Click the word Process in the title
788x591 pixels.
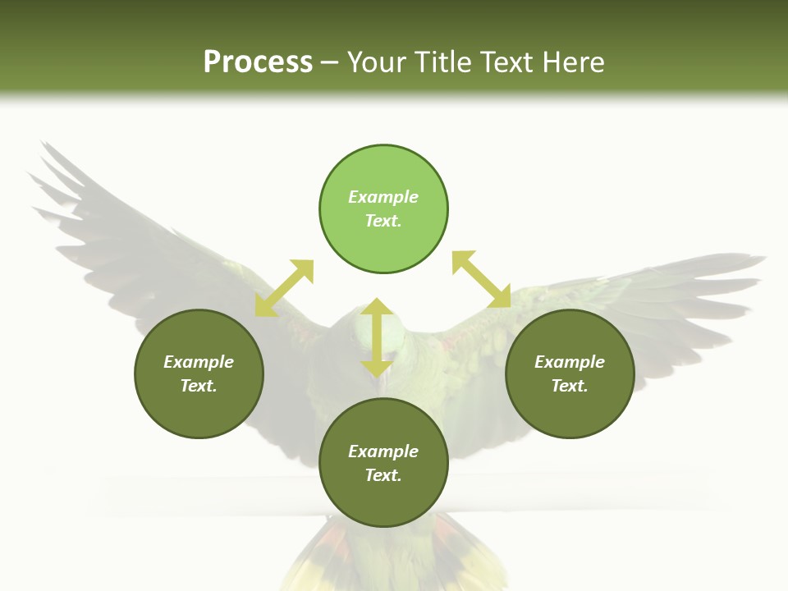click(x=258, y=62)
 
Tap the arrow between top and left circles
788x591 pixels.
click(x=284, y=288)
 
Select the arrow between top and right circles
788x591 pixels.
click(x=481, y=280)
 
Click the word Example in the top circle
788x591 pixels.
click(x=383, y=197)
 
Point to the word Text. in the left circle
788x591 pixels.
click(x=199, y=386)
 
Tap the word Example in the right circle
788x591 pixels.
click(x=570, y=362)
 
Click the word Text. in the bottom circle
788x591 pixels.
click(x=383, y=475)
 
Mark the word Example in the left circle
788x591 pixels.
click(x=199, y=362)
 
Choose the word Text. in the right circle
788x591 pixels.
click(x=570, y=386)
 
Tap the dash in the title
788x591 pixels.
click(x=329, y=62)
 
